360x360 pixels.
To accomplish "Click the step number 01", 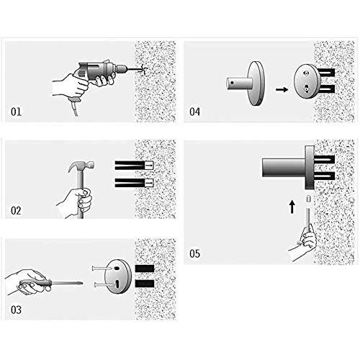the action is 16,112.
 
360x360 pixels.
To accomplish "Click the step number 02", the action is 16,211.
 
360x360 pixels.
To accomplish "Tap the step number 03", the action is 16,310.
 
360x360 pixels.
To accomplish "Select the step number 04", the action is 194,112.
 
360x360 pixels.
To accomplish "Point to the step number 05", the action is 194,253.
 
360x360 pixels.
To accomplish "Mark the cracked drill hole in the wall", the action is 143,70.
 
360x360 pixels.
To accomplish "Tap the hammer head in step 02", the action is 81,166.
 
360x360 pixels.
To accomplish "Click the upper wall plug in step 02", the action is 134,166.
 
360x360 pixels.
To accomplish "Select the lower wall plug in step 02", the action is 134,183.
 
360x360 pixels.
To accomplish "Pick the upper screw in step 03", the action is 102,269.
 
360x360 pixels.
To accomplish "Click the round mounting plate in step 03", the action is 118,276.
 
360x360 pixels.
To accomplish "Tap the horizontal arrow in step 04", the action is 282,89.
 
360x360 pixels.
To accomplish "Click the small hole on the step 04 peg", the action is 232,83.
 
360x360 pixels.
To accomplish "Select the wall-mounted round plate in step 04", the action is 307,81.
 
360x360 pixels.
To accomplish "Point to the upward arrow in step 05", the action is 292,207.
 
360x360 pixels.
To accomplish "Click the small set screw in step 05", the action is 309,199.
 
